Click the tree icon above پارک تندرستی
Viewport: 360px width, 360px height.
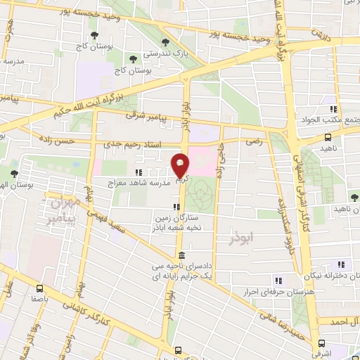pyautogui.click(x=165, y=41)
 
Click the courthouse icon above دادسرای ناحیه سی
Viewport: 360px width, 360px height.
pyautogui.click(x=181, y=256)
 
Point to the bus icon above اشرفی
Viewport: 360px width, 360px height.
pyautogui.click(x=322, y=344)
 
